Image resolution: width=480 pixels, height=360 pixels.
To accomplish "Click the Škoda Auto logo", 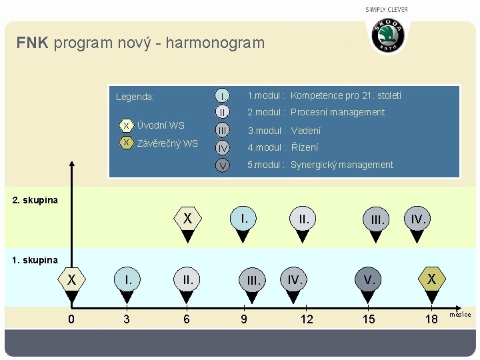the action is click(x=387, y=35).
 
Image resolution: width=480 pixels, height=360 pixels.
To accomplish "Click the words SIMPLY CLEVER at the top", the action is click(x=387, y=9).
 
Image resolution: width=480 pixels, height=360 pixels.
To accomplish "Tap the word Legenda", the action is click(x=135, y=97).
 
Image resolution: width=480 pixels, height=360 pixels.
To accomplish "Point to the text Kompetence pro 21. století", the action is click(x=346, y=96).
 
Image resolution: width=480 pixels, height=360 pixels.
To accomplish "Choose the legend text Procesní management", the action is click(x=337, y=112).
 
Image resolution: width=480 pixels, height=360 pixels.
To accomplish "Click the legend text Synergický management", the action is click(x=342, y=165).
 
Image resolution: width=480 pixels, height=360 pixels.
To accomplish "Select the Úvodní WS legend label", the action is click(x=160, y=125).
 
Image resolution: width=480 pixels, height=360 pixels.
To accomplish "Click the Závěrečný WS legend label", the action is click(x=167, y=143).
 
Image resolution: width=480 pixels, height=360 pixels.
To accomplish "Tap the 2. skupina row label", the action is click(x=35, y=200).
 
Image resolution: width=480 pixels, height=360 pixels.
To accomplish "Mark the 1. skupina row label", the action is click(x=35, y=260).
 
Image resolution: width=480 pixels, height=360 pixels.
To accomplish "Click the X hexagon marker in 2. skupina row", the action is click(x=188, y=218).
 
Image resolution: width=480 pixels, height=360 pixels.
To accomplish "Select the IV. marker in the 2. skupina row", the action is click(x=419, y=218).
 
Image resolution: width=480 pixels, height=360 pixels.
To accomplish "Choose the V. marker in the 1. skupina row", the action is click(x=368, y=279).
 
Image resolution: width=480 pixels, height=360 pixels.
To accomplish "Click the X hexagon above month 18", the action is click(x=432, y=279).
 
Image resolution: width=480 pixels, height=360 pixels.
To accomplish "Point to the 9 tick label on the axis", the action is click(x=244, y=319).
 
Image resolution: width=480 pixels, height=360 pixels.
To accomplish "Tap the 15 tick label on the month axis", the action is click(x=368, y=319).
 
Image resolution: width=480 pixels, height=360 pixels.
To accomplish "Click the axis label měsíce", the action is click(x=460, y=315).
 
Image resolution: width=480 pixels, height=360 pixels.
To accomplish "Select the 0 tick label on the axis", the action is click(x=71, y=319).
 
